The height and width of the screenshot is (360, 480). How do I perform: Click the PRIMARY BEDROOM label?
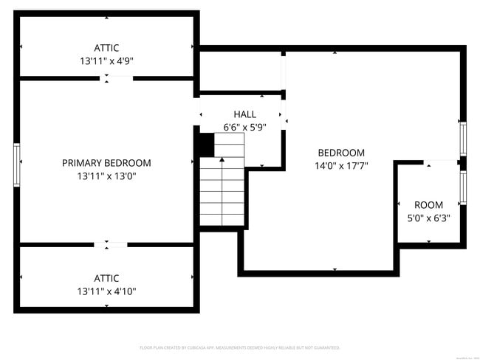tap(106, 163)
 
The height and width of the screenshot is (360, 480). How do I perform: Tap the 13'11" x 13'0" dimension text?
tap(106, 176)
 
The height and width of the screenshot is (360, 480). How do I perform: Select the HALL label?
tap(244, 114)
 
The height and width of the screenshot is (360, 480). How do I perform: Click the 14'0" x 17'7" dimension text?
tap(341, 166)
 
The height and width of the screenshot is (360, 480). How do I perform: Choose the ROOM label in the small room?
tap(428, 205)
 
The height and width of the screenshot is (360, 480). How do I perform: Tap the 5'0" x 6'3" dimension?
tap(428, 218)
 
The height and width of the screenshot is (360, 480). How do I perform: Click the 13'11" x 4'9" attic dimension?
tap(106, 61)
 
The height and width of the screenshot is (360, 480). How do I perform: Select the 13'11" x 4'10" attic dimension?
tap(106, 291)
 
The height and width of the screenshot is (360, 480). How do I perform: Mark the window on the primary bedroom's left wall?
tap(16, 163)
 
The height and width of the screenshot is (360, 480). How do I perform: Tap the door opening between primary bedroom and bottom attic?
tap(111, 244)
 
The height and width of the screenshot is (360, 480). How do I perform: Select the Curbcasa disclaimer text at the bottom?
tap(239, 347)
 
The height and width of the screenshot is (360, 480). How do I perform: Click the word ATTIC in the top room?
tap(106, 48)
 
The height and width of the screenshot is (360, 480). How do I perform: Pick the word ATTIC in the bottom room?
tap(106, 278)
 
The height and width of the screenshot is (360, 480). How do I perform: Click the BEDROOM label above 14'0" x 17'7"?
tap(341, 153)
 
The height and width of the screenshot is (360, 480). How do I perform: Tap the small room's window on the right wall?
tap(463, 187)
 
